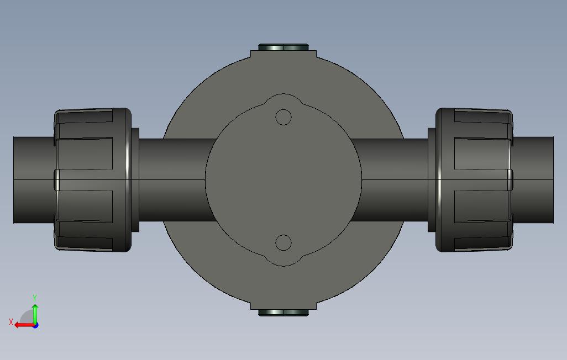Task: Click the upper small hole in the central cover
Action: pos(283,117)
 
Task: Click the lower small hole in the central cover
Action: pos(283,243)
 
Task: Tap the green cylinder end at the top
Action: pos(283,47)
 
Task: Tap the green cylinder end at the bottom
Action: pos(283,313)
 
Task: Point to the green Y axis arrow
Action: pos(35,314)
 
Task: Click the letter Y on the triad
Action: pos(35,298)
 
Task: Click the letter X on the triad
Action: pos(11,321)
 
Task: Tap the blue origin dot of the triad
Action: pos(35,325)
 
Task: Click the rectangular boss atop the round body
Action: pos(283,55)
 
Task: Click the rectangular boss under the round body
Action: pos(283,305)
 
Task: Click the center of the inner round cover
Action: pos(283,179)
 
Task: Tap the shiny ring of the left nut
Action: pos(128,179)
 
